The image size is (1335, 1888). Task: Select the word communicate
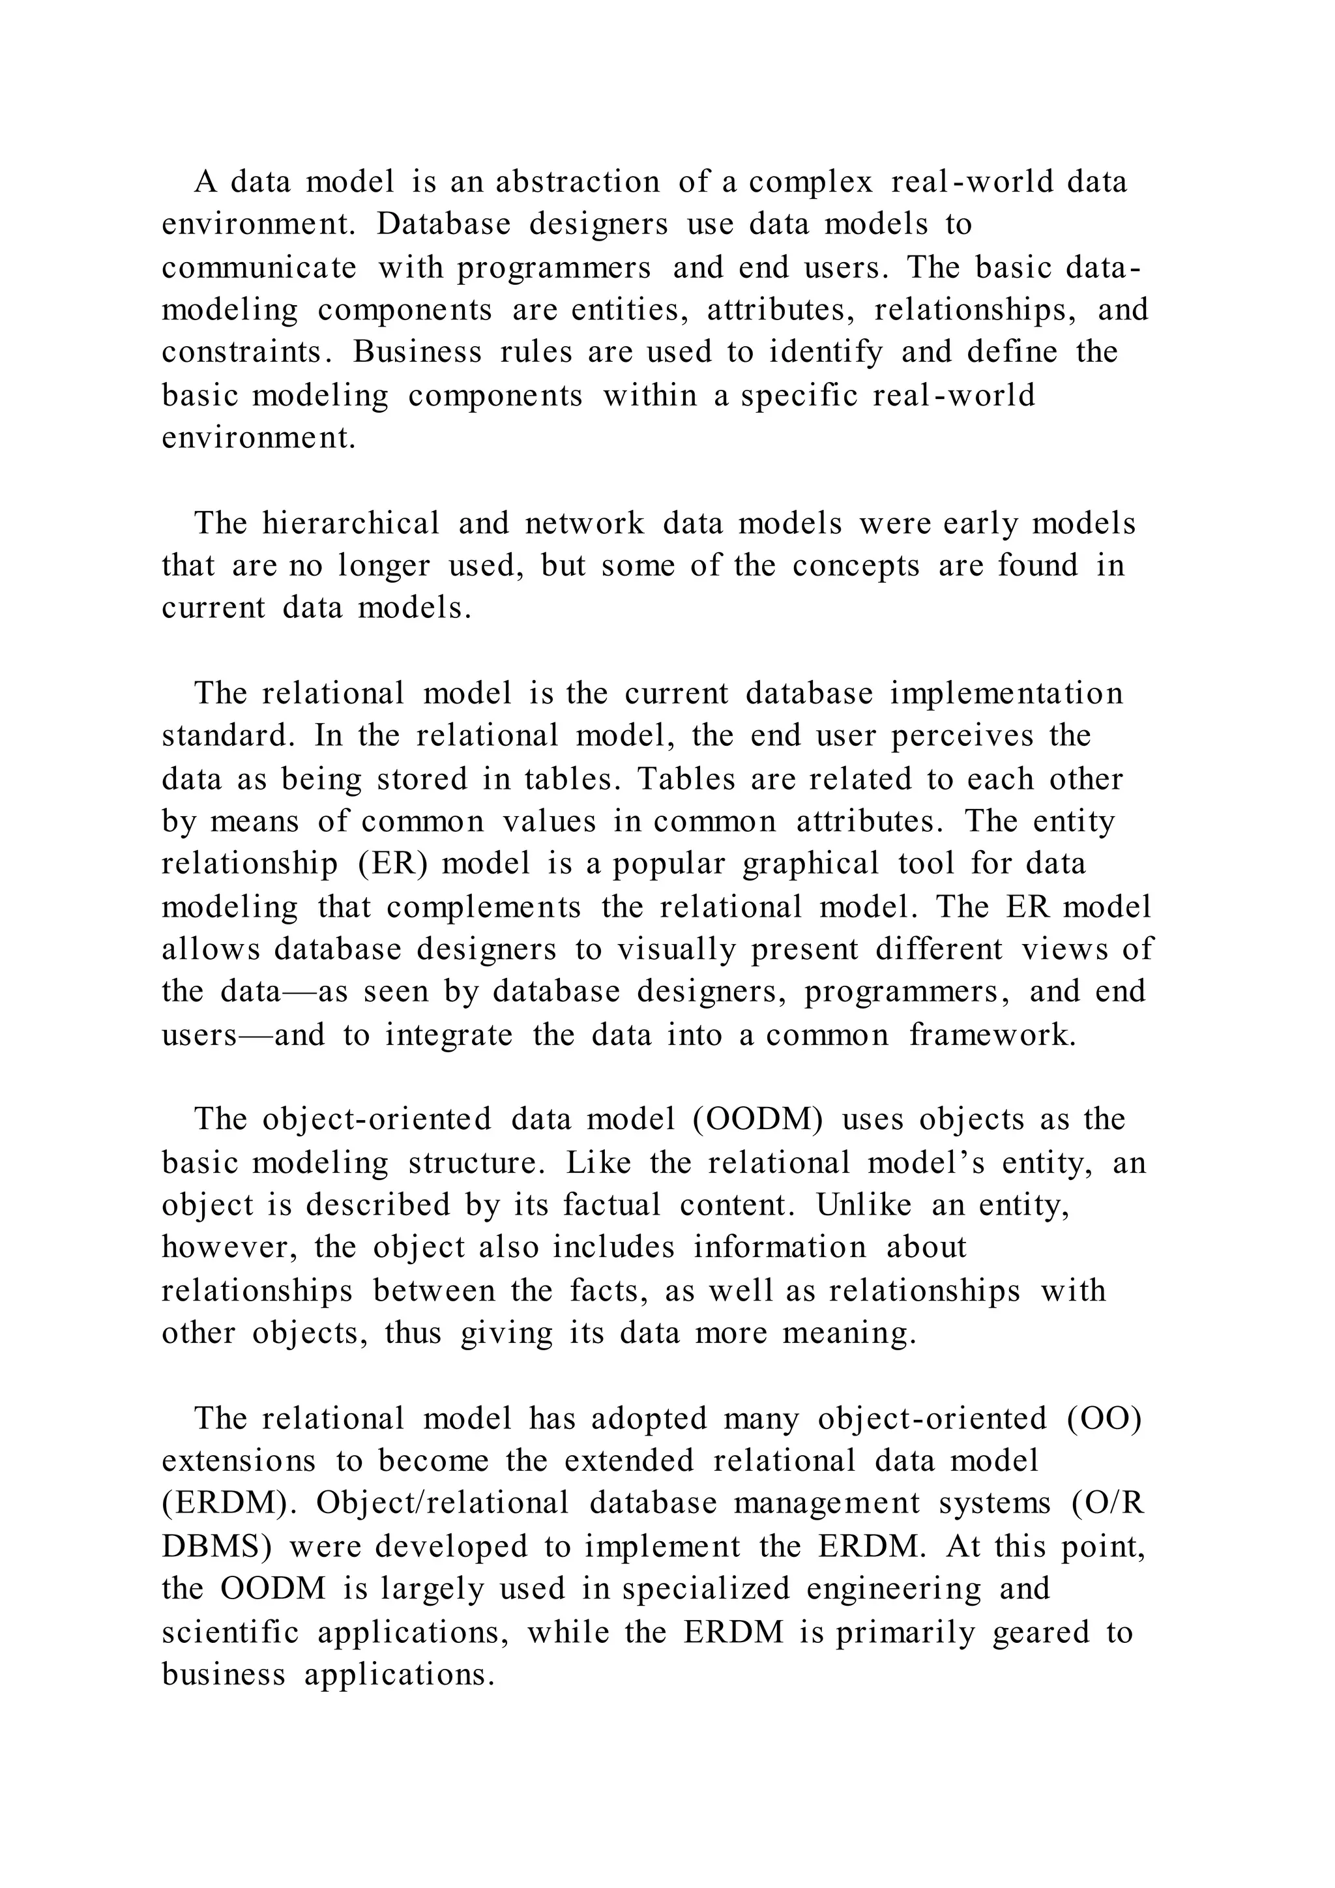[259, 267]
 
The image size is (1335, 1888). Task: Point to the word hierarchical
[351, 523]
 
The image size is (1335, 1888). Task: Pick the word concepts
[856, 566]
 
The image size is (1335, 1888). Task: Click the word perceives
[961, 735]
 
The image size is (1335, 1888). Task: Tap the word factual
[611, 1205]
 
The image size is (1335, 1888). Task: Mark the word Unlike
[864, 1205]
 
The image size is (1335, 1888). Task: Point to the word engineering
[894, 1589]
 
